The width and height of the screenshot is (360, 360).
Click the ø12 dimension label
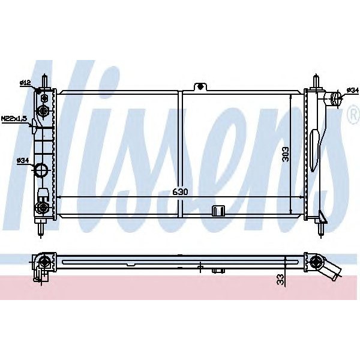click(x=25, y=83)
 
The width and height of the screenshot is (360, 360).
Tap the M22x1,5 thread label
click(x=14, y=119)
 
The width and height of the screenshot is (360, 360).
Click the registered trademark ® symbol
click(x=353, y=117)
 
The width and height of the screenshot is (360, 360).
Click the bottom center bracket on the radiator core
click(x=217, y=210)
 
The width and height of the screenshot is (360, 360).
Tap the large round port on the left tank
click(x=43, y=170)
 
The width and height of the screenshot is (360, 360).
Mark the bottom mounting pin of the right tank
click(x=322, y=227)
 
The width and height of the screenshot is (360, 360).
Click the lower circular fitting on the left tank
click(x=42, y=208)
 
